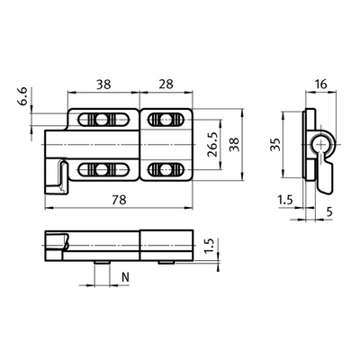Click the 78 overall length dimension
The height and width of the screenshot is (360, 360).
point(118,201)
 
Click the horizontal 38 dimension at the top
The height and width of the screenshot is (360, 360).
point(106,84)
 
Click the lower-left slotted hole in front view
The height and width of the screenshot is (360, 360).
point(99,168)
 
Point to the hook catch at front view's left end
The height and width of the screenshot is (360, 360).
point(59,173)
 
